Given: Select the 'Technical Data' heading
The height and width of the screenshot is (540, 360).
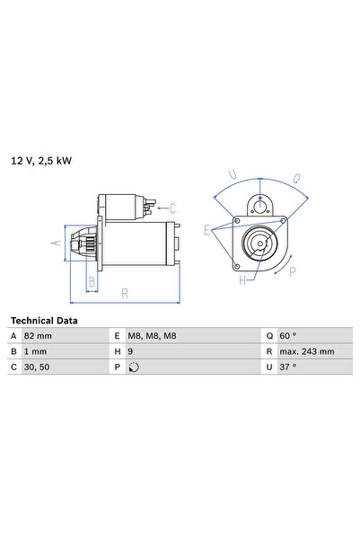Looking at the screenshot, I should (x=43, y=320).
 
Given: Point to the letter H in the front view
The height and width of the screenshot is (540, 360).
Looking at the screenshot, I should (x=241, y=280).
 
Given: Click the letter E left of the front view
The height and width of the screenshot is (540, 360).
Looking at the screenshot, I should (x=206, y=231).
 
